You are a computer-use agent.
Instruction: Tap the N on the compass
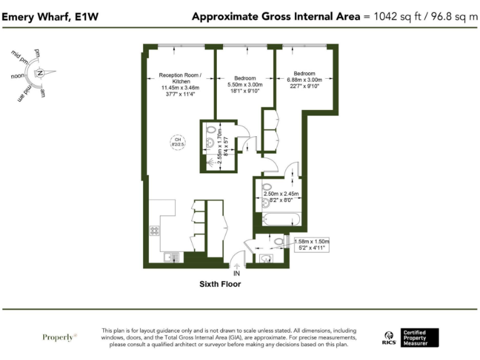coord(40,73)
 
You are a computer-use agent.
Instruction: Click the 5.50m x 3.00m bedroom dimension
coord(246,84)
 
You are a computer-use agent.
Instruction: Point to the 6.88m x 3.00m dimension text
coord(304,79)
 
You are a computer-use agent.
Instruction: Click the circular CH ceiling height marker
coord(177,142)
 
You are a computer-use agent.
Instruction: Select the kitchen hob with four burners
coord(154,230)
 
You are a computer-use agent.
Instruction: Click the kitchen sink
coord(171,256)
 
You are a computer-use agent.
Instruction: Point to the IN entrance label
coord(237,273)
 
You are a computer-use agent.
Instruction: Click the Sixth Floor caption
coord(220,284)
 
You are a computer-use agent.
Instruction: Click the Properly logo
coord(59,337)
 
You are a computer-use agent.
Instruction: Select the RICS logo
coord(388,338)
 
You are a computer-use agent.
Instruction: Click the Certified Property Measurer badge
coord(419,338)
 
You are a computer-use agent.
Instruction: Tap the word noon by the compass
coord(18,76)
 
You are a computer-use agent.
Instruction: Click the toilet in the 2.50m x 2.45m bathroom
coord(266,186)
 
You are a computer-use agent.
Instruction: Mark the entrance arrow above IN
coord(237,265)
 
